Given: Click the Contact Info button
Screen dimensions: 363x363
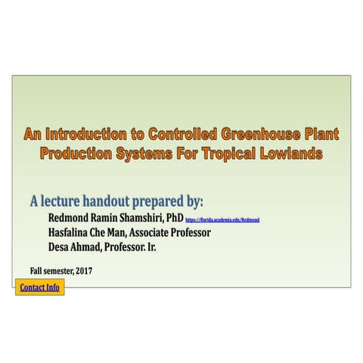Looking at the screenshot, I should pyautogui.click(x=39, y=287).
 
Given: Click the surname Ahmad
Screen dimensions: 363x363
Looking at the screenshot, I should pyautogui.click(x=88, y=247).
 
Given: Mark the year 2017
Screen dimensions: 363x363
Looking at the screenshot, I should pyautogui.click(x=83, y=270).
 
